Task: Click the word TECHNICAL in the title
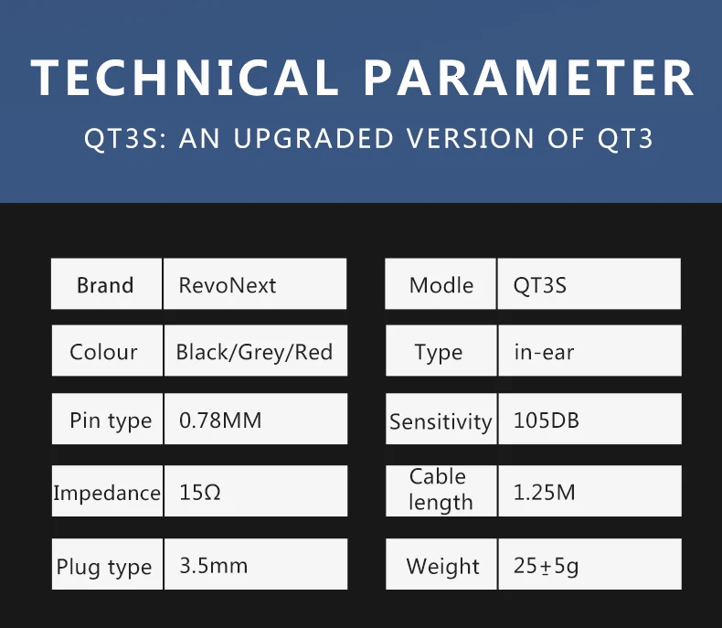(185, 78)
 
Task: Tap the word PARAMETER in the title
(528, 78)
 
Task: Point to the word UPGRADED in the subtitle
(313, 138)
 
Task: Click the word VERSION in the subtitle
(470, 138)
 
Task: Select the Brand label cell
(106, 283)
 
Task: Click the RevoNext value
(227, 285)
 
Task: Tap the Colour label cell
(107, 351)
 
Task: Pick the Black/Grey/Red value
(254, 352)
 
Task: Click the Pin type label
(111, 420)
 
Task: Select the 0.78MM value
(220, 420)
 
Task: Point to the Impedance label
(107, 493)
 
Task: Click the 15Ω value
(200, 492)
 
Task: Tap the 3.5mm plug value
(213, 566)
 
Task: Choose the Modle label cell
(441, 283)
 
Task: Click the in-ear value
(544, 353)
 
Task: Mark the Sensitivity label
(441, 421)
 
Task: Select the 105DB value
(547, 420)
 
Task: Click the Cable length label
(441, 490)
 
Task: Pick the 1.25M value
(545, 492)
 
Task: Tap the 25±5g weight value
(546, 567)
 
